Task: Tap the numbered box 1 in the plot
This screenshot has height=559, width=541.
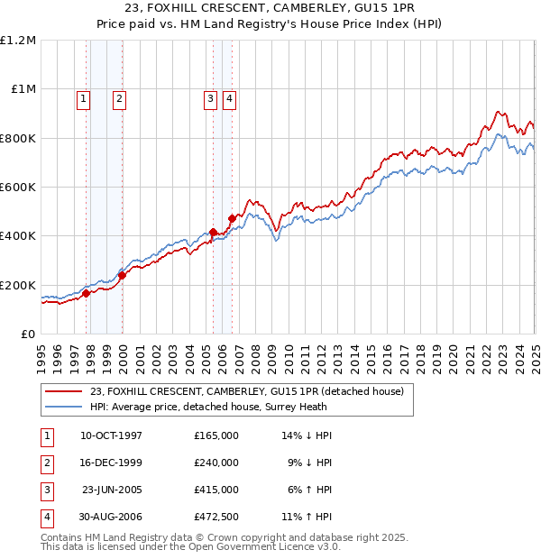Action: coord(84,100)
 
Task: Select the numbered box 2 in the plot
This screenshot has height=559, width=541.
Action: coord(119,100)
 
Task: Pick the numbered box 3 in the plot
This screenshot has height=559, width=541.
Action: coord(210,100)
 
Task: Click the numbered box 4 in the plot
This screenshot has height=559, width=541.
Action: coord(229,100)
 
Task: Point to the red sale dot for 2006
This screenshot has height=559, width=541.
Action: coord(232,218)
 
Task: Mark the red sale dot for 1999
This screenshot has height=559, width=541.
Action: coord(123,275)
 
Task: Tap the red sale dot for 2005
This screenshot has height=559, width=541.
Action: coord(213,233)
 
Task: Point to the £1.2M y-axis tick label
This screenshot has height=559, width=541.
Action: coord(19,41)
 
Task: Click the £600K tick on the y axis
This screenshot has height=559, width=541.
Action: coord(19,188)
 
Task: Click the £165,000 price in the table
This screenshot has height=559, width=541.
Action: coord(216,435)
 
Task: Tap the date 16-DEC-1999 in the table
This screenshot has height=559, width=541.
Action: coord(112,463)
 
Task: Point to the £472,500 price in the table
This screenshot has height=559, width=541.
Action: coord(216,517)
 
